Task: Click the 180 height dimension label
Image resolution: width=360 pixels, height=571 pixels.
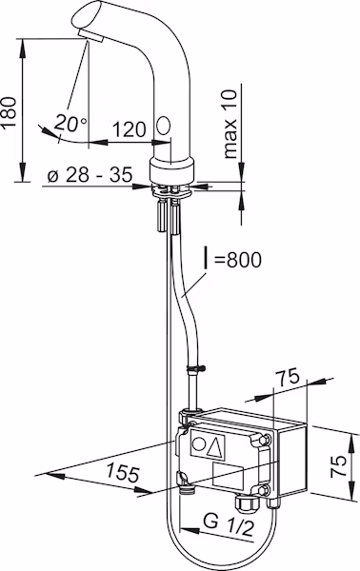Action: (x=9, y=111)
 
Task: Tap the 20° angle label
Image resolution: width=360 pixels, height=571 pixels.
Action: (x=70, y=123)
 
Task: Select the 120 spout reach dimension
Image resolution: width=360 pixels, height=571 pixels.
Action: (x=130, y=129)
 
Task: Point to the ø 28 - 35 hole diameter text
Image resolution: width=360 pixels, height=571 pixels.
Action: (x=90, y=175)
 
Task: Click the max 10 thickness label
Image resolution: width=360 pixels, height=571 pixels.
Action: (x=230, y=124)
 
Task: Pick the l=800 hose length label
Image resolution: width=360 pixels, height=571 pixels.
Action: (x=232, y=260)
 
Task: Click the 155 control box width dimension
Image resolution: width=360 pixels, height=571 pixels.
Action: (x=123, y=473)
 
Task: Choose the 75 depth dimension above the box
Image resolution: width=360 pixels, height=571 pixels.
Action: (x=287, y=377)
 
